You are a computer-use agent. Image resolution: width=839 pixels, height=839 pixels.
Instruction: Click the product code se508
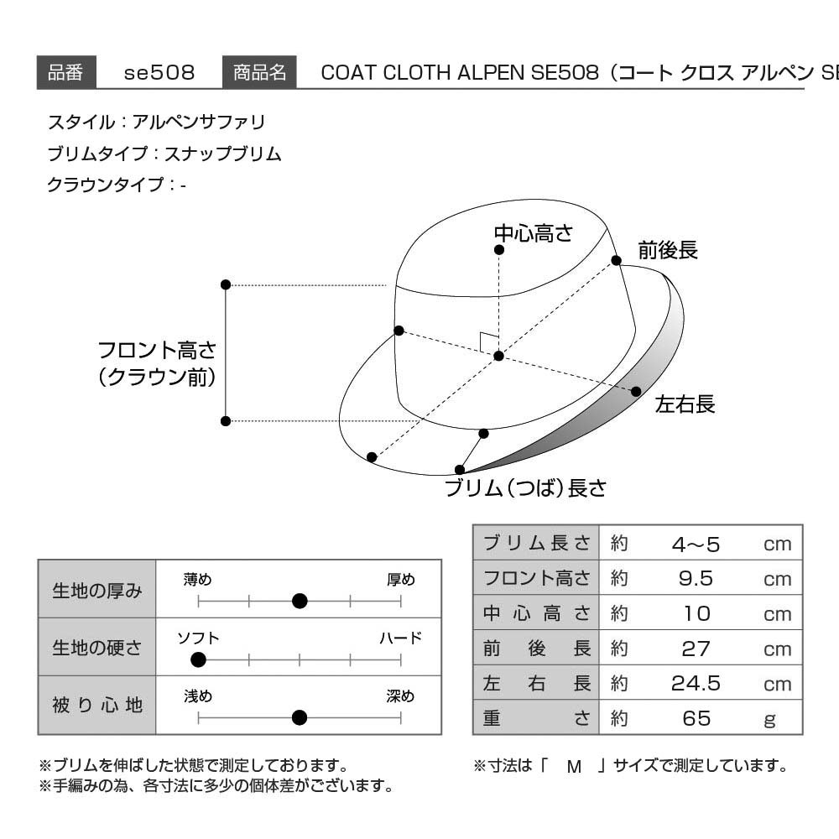(x=159, y=73)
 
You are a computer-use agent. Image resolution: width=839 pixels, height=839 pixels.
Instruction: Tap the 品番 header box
(x=66, y=71)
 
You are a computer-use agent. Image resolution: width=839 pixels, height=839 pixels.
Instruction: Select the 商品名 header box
(x=259, y=71)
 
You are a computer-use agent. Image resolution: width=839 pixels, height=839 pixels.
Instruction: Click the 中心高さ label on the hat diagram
(x=534, y=233)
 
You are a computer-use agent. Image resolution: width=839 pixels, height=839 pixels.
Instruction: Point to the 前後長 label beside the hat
(x=668, y=250)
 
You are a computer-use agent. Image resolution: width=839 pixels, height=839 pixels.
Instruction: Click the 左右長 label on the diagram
(x=685, y=404)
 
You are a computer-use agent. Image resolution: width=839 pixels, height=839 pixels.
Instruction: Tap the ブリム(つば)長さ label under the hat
(x=525, y=487)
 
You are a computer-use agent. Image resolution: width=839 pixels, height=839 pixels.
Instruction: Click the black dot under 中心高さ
(x=499, y=250)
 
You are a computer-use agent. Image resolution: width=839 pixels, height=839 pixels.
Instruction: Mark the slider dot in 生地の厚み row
(x=300, y=602)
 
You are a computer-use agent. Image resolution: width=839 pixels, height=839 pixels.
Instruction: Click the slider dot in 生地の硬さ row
(x=198, y=659)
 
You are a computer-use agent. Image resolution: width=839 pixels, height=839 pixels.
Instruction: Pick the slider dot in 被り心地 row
(x=300, y=717)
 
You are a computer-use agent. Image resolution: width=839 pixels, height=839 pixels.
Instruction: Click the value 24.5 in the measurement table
(x=696, y=683)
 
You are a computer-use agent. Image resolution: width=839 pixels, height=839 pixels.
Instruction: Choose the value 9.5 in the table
(x=696, y=578)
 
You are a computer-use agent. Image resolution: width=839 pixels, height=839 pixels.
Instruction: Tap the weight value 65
(x=696, y=718)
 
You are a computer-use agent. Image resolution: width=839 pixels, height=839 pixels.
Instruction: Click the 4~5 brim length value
(x=696, y=545)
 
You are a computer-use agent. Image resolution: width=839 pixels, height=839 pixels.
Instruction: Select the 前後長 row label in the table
(x=537, y=648)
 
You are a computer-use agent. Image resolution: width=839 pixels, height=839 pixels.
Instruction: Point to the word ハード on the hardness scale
(x=401, y=638)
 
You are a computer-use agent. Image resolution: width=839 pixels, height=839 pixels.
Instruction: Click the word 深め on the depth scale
(x=400, y=696)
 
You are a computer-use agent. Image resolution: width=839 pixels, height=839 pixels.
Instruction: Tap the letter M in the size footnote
(x=574, y=767)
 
